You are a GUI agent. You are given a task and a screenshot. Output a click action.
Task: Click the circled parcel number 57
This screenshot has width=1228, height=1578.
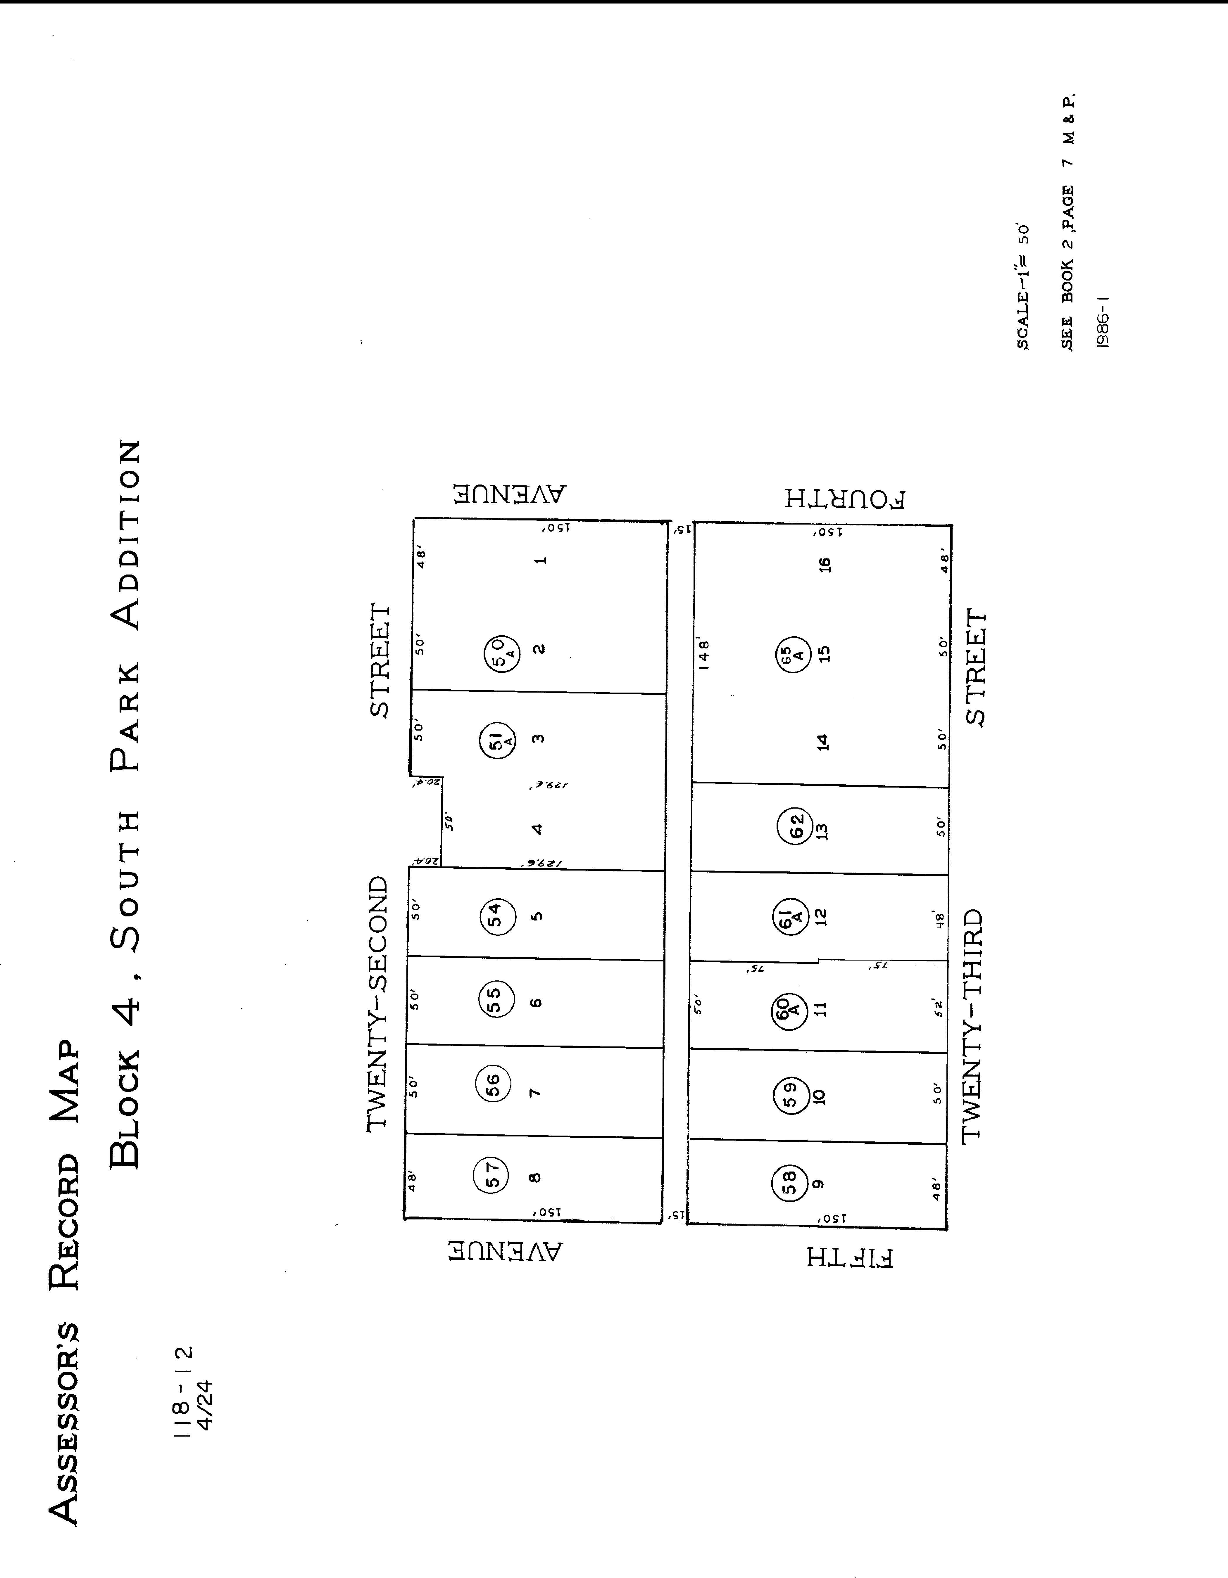[491, 1174]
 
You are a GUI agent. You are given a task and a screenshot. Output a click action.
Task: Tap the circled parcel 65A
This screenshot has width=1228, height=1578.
[793, 655]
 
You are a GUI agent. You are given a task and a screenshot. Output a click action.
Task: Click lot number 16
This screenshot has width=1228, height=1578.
[825, 564]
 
